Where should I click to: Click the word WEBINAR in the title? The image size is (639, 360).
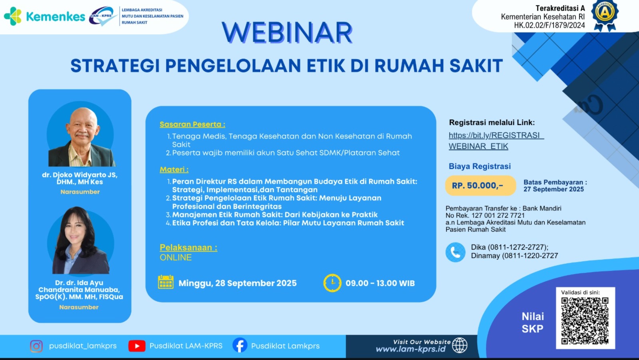[x=287, y=33]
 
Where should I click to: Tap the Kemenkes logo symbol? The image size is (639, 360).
[x=13, y=16]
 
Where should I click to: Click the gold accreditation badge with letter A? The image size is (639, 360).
[x=605, y=13]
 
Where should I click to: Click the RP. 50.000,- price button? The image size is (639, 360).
[x=480, y=185]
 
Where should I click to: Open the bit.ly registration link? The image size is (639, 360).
[x=496, y=141]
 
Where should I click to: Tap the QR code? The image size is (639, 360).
[x=585, y=320]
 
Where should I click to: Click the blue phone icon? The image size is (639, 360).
[x=455, y=252]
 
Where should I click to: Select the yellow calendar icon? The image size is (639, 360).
[x=166, y=282]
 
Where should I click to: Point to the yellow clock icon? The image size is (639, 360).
[x=332, y=283]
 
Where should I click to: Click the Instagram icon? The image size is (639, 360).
[x=36, y=346]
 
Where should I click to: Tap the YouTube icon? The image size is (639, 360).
[x=137, y=346]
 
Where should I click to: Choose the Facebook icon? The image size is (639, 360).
[x=240, y=345]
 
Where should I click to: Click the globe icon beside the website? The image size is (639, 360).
[x=460, y=345]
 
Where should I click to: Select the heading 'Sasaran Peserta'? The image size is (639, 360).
[x=192, y=124]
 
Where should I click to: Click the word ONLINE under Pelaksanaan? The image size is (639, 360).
[x=176, y=257]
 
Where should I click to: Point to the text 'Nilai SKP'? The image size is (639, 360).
[x=533, y=322]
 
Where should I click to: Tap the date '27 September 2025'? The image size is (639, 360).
[x=554, y=189]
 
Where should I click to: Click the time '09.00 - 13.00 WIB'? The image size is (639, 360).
[x=380, y=283]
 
